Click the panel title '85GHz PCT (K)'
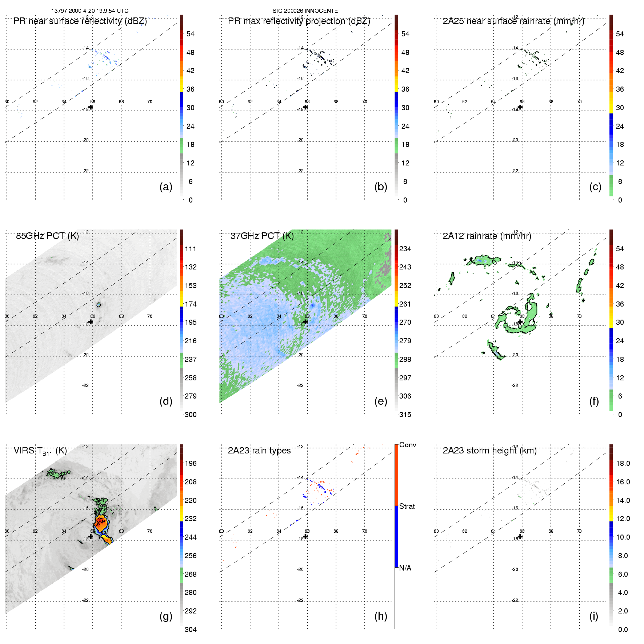[47, 236]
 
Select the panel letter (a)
[166, 187]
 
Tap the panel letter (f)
[594, 401]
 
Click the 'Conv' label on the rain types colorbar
[407, 445]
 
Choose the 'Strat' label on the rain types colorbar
[407, 506]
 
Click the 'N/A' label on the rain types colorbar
[405, 568]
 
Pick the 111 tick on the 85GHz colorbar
[191, 249]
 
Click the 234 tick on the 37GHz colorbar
[405, 249]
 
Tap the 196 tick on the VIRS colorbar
[191, 463]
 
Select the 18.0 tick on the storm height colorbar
[623, 463]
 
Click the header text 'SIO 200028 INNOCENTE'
[305, 11]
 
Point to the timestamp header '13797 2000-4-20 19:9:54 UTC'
[89, 11]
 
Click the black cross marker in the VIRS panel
[91, 536]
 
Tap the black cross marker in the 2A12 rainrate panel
[520, 322]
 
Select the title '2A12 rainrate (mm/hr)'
[487, 236]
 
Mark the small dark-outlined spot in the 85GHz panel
[99, 304]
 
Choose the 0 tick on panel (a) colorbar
[191, 200]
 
